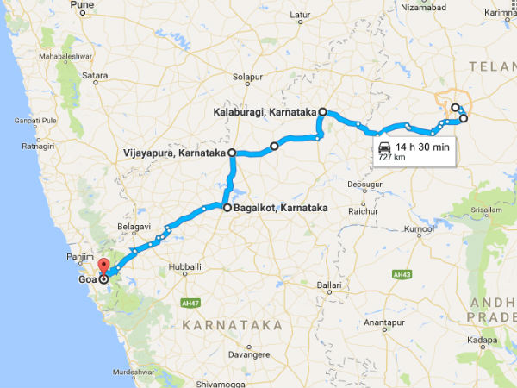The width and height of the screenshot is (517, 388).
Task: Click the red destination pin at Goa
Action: pos(102,266)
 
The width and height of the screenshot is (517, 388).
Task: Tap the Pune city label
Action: pos(81,6)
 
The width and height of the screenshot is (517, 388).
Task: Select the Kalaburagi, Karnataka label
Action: pos(265,112)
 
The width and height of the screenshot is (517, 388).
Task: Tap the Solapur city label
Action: pos(246,78)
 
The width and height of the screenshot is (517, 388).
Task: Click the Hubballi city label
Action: pos(185,267)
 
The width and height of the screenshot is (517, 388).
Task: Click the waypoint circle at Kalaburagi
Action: pos(323,112)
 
